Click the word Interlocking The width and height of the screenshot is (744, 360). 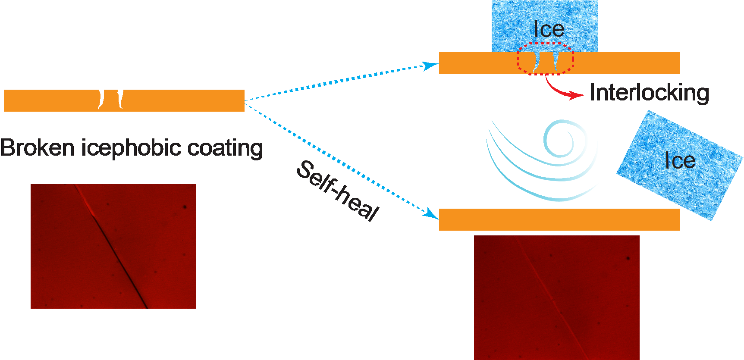point(649,93)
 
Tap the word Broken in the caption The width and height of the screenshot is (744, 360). point(38,147)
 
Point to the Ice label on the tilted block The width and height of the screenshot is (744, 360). point(680,161)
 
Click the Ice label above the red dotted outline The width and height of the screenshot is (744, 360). point(549,29)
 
